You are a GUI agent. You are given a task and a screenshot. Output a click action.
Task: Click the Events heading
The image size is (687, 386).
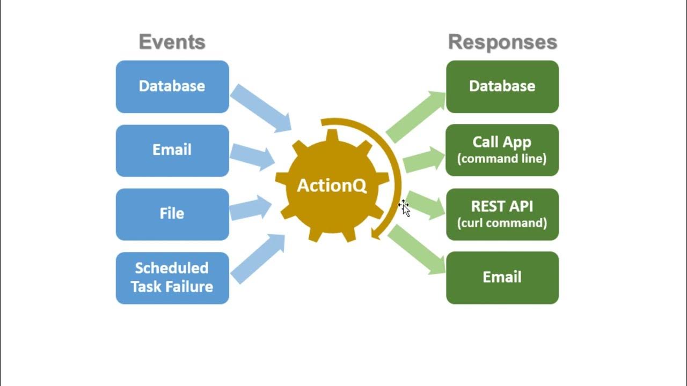pos(172,42)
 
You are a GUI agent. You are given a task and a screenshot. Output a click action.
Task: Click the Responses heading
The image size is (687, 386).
pos(502,42)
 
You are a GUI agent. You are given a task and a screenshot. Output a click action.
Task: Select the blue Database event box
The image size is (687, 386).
pos(172,86)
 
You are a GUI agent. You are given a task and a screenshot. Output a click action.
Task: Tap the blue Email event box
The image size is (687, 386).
pos(172,150)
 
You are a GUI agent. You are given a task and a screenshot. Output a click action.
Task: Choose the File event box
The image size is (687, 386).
pos(172,214)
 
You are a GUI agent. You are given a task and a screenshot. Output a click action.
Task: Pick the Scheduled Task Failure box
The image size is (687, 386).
pos(172,278)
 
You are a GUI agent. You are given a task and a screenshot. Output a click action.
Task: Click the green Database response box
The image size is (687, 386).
pos(502,86)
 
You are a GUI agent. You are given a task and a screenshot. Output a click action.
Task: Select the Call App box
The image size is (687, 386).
pos(502,150)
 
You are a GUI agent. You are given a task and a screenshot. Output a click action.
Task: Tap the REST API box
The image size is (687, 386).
pos(502,214)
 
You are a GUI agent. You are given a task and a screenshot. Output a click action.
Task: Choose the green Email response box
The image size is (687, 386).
pos(502,278)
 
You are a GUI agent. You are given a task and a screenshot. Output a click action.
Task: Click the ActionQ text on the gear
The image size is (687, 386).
pos(332,186)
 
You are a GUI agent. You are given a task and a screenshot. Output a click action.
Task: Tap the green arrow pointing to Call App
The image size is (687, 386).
pos(424,160)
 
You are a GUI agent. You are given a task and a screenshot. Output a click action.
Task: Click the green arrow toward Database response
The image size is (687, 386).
pos(415,117)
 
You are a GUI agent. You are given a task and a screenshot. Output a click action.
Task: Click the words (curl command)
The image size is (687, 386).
pos(502,223)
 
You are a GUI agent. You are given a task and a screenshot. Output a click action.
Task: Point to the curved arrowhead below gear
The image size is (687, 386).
pos(376,232)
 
